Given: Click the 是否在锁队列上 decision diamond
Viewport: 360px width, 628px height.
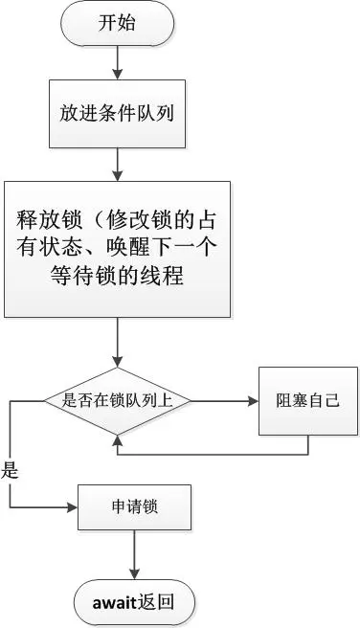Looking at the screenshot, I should click(x=117, y=400).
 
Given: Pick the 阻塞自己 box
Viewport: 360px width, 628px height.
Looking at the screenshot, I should click(x=307, y=399).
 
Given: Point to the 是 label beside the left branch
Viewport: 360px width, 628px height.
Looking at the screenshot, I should click(x=11, y=470).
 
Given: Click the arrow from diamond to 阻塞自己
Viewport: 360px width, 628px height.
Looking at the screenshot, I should click(x=225, y=400).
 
